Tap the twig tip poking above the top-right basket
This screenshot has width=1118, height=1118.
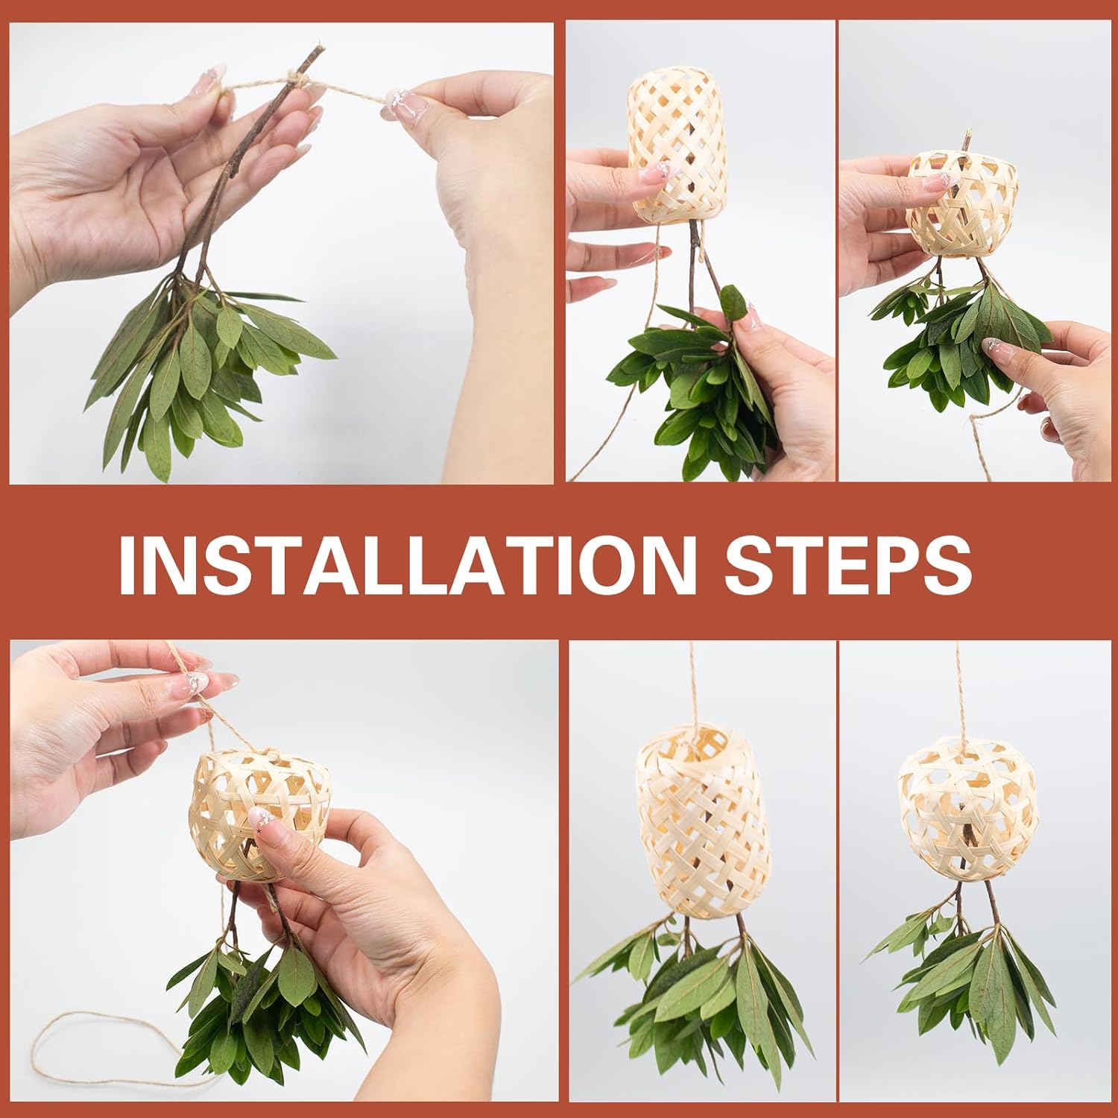pos(970,138)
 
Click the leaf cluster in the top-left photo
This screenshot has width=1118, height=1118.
pos(205,373)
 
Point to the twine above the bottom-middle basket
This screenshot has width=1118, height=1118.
pos(694,686)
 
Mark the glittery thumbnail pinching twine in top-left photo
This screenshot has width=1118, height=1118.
pos(398,100)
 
